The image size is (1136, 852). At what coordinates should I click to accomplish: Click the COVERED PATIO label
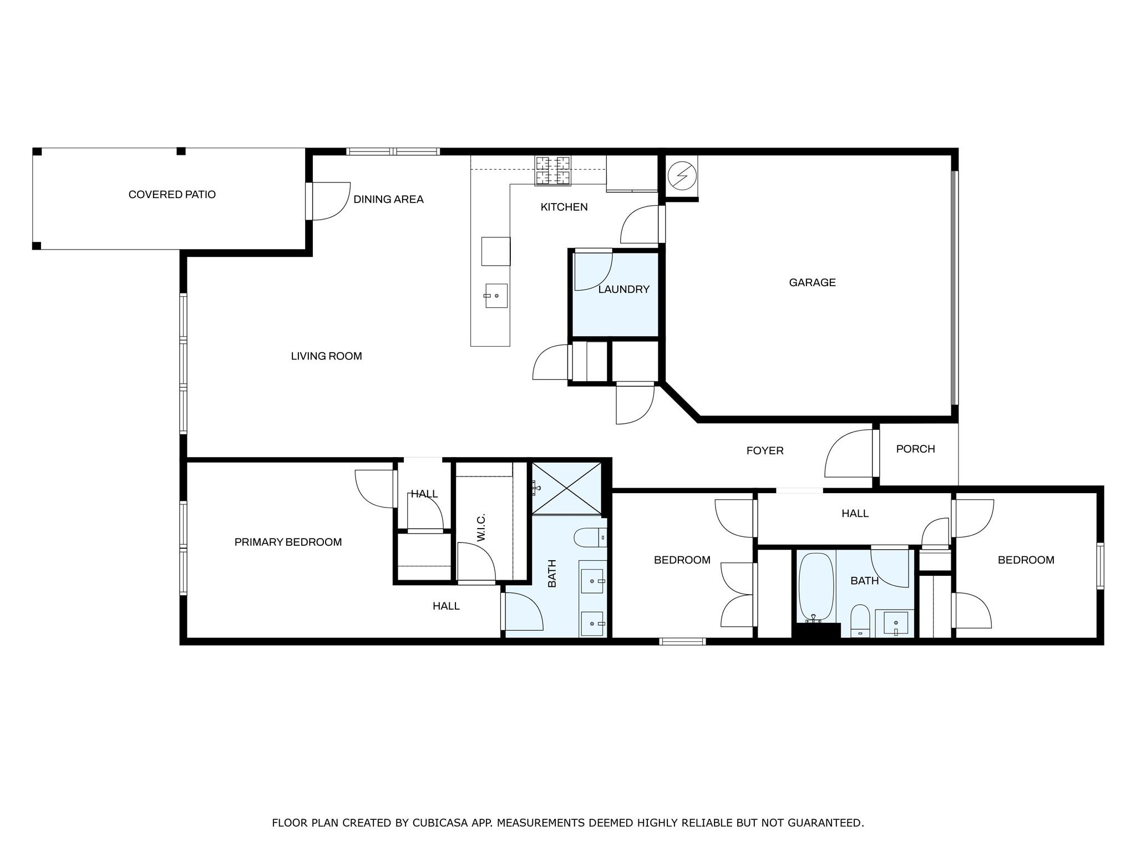tap(172, 195)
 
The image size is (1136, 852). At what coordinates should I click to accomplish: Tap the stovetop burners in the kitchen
tap(552, 170)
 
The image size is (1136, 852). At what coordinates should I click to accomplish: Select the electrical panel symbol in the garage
tap(681, 176)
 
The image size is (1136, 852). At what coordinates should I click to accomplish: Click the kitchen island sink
tap(496, 296)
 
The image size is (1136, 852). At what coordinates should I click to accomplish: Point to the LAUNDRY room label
tap(623, 289)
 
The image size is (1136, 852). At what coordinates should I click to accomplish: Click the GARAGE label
tap(812, 282)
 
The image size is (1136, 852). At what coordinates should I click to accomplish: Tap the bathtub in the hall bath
tap(815, 587)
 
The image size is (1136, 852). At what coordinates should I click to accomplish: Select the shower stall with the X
tap(566, 489)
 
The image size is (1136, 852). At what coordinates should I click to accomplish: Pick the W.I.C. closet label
tap(481, 528)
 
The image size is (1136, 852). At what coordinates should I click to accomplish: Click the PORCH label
tap(915, 449)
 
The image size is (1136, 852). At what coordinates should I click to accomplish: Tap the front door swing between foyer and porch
tap(848, 455)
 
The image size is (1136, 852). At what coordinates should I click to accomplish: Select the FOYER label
tap(764, 451)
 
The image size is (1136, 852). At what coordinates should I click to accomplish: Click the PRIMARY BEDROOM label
tap(288, 542)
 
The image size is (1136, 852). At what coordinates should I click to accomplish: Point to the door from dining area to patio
tap(328, 201)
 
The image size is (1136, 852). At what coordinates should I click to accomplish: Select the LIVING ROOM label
tap(326, 356)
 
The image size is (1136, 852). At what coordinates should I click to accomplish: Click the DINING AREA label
tap(388, 199)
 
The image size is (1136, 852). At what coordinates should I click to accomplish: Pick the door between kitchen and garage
tap(641, 225)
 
